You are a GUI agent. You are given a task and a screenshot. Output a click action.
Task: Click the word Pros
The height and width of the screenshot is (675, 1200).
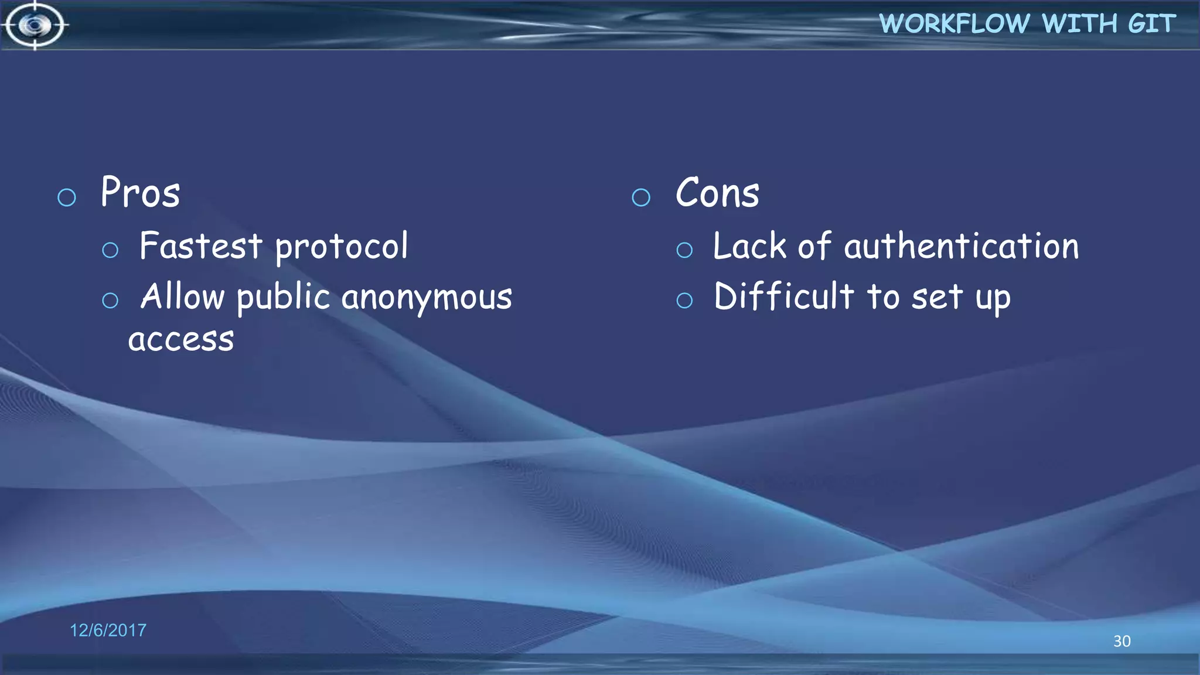pyautogui.click(x=140, y=193)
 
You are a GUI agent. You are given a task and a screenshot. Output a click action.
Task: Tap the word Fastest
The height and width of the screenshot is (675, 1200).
pyautogui.click(x=200, y=246)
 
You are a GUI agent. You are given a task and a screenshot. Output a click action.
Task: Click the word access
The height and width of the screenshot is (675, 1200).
pyautogui.click(x=181, y=340)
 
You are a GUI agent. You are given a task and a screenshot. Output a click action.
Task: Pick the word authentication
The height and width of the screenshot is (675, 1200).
pyautogui.click(x=961, y=246)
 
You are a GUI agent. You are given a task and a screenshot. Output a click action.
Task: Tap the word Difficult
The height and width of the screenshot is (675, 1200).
pyautogui.click(x=783, y=296)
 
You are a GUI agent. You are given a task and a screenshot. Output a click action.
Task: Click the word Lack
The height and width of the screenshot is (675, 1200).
pyautogui.click(x=749, y=246)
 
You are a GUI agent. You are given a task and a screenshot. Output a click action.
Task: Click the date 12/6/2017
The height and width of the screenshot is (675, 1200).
pyautogui.click(x=108, y=630)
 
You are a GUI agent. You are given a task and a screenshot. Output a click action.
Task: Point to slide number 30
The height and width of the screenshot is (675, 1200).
pyautogui.click(x=1121, y=641)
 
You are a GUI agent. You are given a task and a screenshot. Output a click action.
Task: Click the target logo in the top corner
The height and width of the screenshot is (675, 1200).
pyautogui.click(x=35, y=25)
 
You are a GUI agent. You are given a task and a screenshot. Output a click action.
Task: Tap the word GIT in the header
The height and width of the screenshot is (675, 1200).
pyautogui.click(x=1151, y=24)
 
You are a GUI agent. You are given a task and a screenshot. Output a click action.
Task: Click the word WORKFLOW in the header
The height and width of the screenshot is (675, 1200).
pyautogui.click(x=954, y=24)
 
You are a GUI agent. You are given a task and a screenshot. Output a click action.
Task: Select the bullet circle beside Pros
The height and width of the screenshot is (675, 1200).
pyautogui.click(x=67, y=197)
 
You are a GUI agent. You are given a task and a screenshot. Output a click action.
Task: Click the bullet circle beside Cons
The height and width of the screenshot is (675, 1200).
pyautogui.click(x=641, y=197)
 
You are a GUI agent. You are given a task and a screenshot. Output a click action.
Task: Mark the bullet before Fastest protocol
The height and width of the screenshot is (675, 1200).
pyautogui.click(x=110, y=250)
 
